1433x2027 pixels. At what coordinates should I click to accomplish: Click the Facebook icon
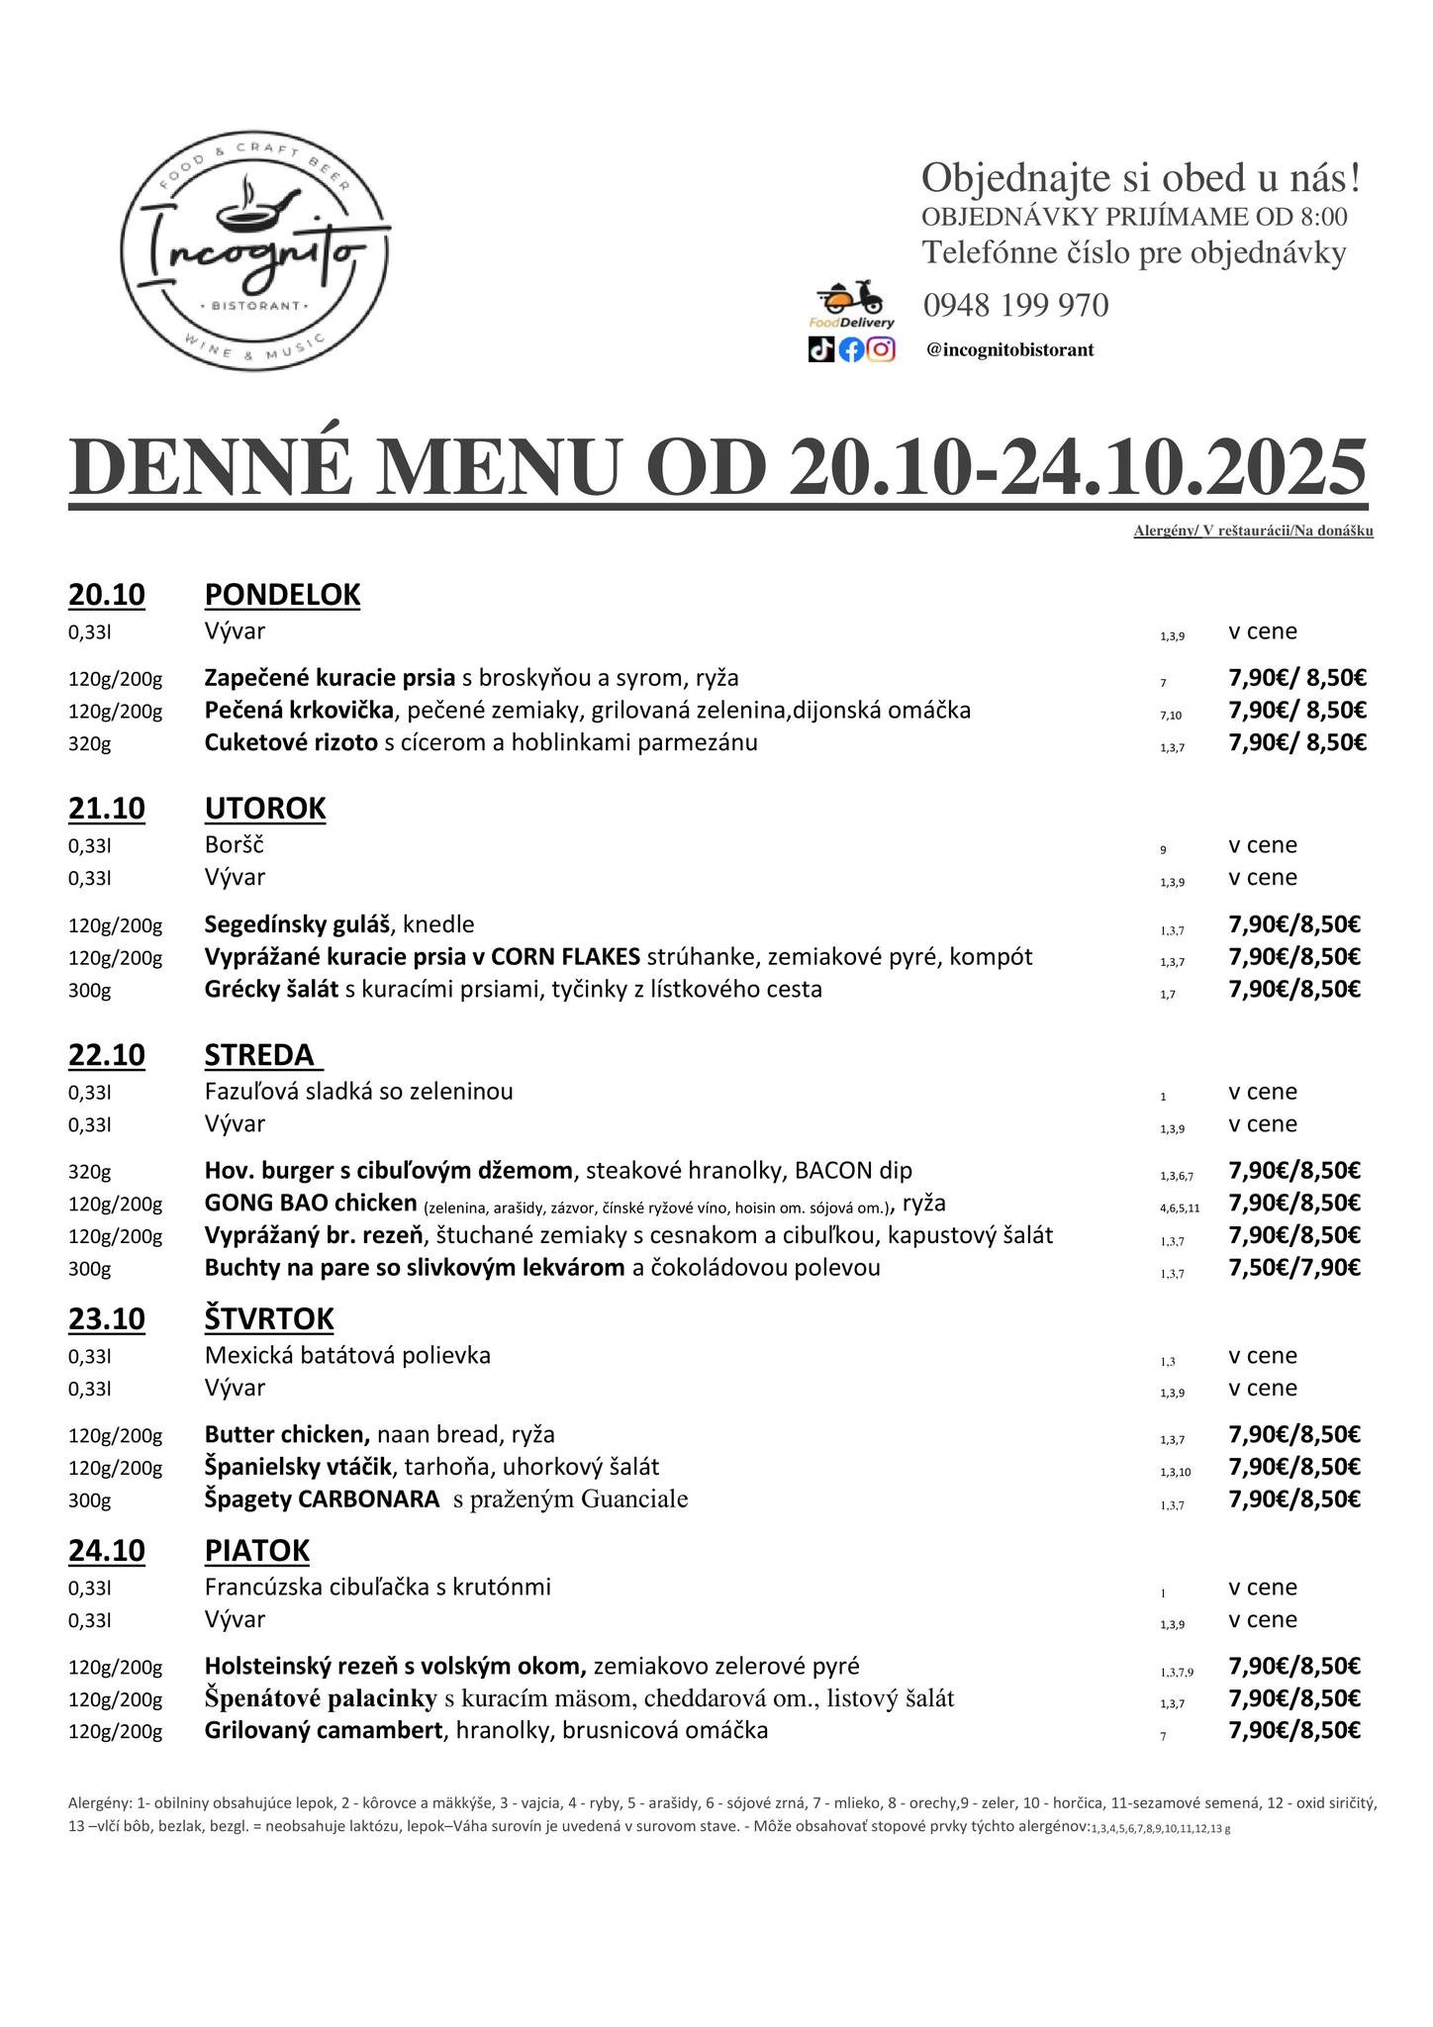[851, 349]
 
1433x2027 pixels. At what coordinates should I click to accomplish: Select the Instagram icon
[881, 349]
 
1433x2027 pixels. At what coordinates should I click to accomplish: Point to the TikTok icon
[821, 349]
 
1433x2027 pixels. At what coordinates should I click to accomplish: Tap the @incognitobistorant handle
[1010, 350]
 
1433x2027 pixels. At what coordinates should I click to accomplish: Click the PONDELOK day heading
[282, 595]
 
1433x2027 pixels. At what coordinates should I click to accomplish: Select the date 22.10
[106, 1055]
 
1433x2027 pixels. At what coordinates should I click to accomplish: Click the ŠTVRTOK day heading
[269, 1319]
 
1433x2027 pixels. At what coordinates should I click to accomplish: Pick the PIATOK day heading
[256, 1551]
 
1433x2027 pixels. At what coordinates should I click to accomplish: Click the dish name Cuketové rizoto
[291, 742]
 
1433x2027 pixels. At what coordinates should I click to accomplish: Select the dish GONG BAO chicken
[311, 1204]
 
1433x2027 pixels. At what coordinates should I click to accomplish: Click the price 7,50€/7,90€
[1294, 1268]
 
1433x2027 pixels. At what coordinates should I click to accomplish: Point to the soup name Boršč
[234, 845]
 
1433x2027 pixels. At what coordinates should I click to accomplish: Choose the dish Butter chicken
[287, 1434]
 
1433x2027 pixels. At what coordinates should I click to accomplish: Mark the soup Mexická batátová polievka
[347, 1355]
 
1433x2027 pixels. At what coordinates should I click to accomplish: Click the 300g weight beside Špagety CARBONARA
[89, 1500]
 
